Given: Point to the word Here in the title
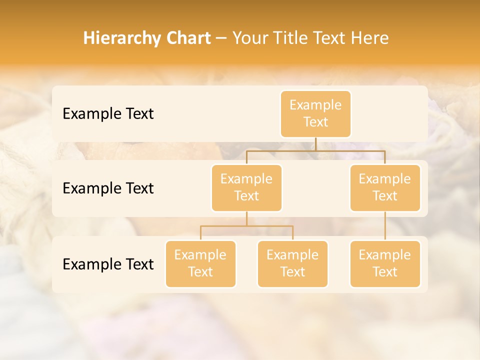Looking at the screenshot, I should (370, 38).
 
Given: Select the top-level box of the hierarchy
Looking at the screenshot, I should (315, 113).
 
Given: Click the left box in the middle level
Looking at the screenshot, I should (246, 187).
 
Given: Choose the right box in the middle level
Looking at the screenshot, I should (385, 187).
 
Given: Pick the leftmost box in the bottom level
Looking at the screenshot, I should (200, 263).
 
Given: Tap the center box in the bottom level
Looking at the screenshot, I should (292, 263).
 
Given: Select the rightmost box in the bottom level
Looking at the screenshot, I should (385, 263).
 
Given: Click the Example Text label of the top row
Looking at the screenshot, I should (108, 114).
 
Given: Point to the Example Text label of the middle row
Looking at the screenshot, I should (108, 188).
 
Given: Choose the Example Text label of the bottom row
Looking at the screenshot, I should (108, 264).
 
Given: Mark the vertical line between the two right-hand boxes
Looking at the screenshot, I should (385, 226).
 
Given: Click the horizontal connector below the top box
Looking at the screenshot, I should (315, 150).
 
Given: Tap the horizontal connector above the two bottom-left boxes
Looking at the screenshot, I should (246, 226).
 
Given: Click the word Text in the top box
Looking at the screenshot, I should (315, 122).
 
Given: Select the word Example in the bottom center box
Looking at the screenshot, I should (292, 255).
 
